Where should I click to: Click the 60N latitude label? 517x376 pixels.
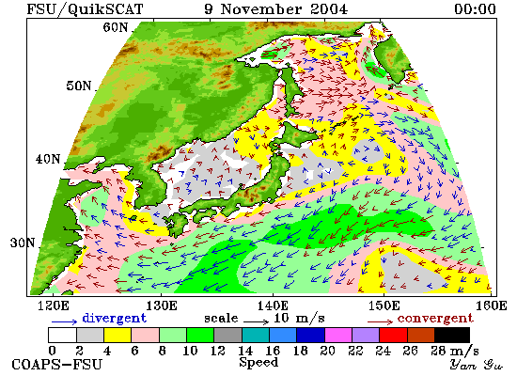(x=116, y=27)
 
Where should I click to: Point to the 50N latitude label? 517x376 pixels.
(x=78, y=86)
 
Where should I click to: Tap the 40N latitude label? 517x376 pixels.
(x=48, y=159)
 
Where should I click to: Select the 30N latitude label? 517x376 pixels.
(x=23, y=243)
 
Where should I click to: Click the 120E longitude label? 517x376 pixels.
(x=54, y=305)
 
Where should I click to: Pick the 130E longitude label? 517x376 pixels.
(x=162, y=305)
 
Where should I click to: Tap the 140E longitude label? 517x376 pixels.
(x=273, y=305)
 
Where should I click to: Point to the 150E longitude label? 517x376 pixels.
(x=384, y=305)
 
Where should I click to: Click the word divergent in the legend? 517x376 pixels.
(x=114, y=319)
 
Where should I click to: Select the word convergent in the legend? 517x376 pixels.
(x=435, y=319)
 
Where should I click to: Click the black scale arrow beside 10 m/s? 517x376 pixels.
(x=257, y=321)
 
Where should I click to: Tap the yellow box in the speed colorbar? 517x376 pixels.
(x=117, y=335)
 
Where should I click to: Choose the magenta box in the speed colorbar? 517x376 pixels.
(x=338, y=335)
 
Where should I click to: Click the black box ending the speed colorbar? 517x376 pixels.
(x=452, y=335)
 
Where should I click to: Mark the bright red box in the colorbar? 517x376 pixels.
(x=393, y=335)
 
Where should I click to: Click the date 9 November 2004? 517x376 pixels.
(x=276, y=8)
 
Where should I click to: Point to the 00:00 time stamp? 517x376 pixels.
(x=475, y=8)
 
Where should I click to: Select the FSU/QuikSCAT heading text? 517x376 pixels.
(x=85, y=9)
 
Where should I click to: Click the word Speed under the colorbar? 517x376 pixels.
(x=258, y=363)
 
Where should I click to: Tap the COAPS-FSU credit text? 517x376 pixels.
(x=57, y=365)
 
